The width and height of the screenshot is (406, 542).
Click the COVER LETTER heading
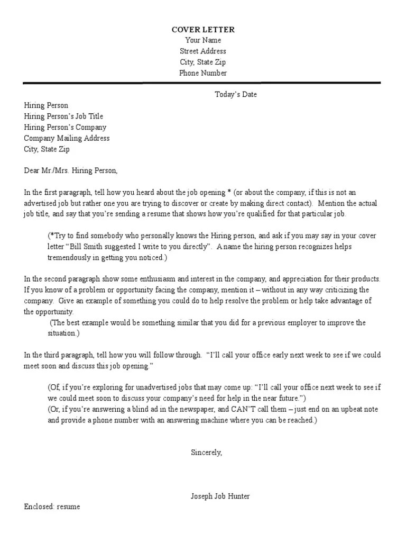[203, 30]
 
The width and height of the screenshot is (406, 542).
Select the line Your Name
[203, 41]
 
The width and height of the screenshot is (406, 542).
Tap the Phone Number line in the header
[203, 73]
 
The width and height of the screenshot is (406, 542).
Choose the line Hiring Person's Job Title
[63, 116]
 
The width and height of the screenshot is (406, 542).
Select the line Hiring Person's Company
[65, 128]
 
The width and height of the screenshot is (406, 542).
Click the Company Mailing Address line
[67, 138]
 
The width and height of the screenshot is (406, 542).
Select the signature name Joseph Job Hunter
[220, 496]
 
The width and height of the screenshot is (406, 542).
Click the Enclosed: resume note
[52, 507]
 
